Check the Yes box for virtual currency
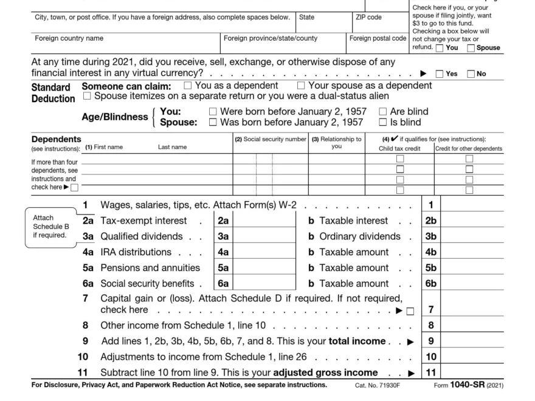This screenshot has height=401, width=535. point(440,74)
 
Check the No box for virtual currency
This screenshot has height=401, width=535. point(471,74)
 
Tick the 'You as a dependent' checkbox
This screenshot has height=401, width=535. point(187,86)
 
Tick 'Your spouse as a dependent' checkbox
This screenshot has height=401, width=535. point(301,86)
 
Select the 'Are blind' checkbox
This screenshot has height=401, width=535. point(382,112)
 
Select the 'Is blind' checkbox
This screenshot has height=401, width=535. point(382,122)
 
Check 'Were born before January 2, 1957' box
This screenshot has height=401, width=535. point(212,112)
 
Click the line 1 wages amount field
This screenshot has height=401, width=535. point(472,205)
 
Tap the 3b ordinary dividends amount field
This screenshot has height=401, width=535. point(472,236)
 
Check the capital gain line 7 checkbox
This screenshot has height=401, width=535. point(410,311)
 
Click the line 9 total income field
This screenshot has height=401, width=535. point(472,341)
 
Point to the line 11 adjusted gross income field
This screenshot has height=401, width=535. point(472,372)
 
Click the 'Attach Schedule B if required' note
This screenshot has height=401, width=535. point(48,226)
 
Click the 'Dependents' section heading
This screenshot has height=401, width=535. point(56,139)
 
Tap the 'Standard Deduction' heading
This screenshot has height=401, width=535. point(53,92)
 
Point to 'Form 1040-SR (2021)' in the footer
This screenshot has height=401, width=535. point(468,385)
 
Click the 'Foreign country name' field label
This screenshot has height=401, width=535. point(69,38)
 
